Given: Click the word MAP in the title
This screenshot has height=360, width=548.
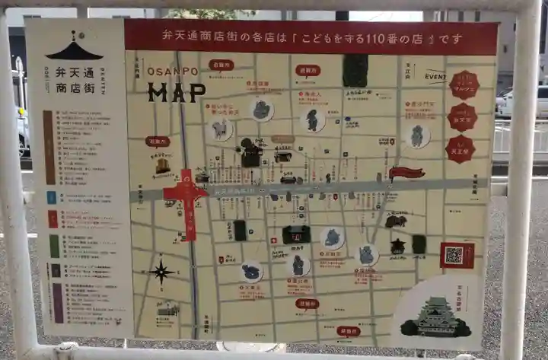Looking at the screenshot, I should pos(177,92).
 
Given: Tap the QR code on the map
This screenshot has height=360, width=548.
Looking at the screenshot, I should pos(454,256).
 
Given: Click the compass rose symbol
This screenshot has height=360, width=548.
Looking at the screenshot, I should pos(161,271).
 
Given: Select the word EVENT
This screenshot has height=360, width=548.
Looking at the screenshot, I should pos(435,77).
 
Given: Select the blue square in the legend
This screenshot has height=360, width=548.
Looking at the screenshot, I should pos(51,197).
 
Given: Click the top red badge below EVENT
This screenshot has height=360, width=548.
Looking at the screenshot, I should pos(463,84).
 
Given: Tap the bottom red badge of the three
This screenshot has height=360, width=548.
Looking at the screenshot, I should pos(460,149).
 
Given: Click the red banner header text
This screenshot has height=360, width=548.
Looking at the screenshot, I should pos(311,37).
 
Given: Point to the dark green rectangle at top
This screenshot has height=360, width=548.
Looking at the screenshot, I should pos(355,70).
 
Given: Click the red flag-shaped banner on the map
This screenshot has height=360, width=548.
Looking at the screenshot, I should pos(406,173).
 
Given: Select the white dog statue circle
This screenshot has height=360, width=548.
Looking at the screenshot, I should pos(219,129).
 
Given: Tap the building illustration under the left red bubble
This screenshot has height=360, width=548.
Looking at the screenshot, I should pos(163,166).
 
